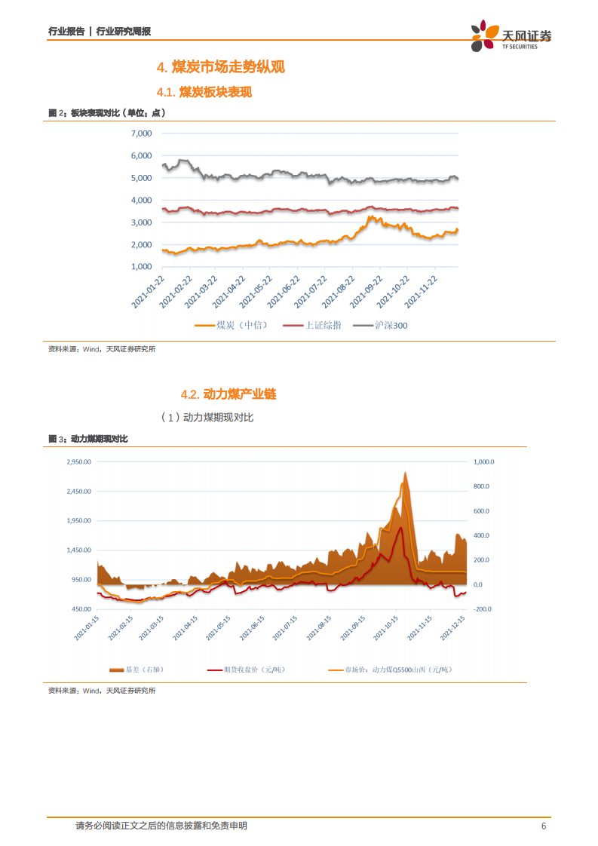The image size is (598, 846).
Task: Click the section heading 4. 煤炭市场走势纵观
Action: click(220, 67)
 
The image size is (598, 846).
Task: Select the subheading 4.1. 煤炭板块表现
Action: click(204, 92)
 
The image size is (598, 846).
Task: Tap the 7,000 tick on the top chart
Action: click(142, 133)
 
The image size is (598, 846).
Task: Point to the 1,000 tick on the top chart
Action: click(142, 267)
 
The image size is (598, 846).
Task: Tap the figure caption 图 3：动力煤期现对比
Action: click(88, 439)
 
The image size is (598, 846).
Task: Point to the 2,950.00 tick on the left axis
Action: click(78, 461)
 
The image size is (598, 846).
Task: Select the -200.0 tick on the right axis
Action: click(483, 609)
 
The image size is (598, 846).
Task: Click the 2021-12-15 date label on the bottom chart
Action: click(452, 628)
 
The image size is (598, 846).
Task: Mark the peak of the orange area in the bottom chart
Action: click(405, 472)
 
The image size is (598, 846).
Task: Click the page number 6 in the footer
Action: click(544, 826)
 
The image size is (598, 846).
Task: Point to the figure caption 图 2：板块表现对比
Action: click(106, 112)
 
